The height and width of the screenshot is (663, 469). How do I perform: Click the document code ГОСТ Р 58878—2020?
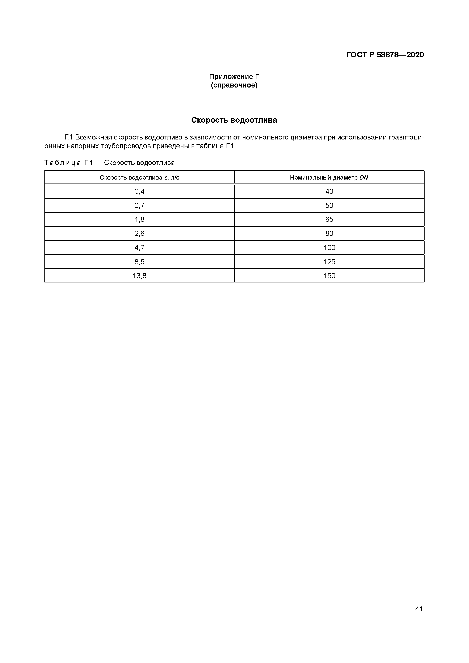pos(385,55)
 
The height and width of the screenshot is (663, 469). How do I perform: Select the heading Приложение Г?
pos(234,77)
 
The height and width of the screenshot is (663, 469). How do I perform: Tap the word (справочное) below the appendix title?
pos(234,85)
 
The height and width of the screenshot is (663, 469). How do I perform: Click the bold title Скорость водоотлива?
pos(234,120)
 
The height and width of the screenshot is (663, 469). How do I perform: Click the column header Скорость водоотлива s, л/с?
pos(139,177)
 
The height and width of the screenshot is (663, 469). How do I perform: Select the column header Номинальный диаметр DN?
pos(329,177)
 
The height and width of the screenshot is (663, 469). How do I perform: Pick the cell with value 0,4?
pos(139,191)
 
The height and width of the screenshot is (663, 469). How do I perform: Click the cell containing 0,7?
pos(139,205)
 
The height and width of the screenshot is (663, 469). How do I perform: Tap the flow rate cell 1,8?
pos(139,219)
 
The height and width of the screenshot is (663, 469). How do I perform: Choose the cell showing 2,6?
pos(139,233)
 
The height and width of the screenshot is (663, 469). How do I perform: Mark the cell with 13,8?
pos(139,276)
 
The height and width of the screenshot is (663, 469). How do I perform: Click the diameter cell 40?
pos(329,191)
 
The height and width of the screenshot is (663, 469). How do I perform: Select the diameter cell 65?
pos(329,219)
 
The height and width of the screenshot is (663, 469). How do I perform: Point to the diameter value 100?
pos(329,247)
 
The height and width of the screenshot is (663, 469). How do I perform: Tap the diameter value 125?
pos(329,262)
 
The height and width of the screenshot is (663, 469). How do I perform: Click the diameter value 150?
pos(329,276)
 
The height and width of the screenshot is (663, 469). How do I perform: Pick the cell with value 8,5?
pos(139,262)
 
